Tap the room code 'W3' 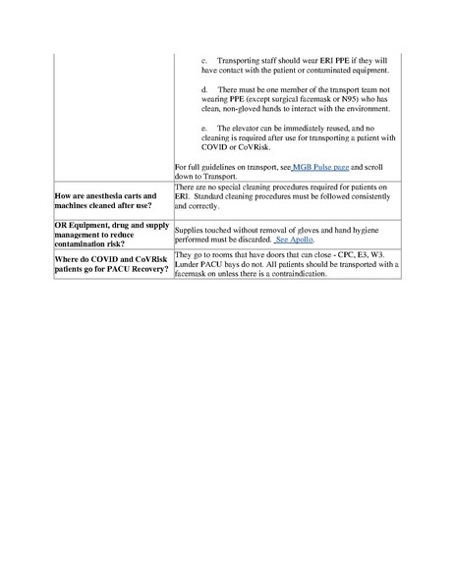[385, 253]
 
